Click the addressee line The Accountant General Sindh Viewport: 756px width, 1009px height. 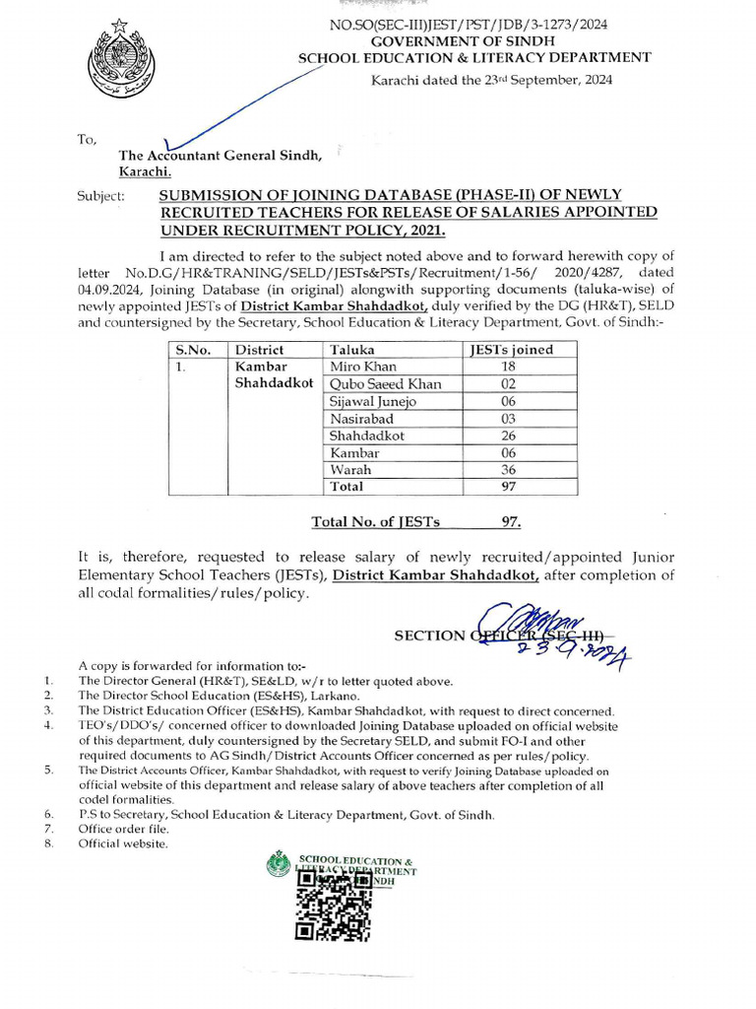point(220,155)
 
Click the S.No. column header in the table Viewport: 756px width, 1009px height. point(193,349)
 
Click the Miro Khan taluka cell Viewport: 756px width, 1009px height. point(363,366)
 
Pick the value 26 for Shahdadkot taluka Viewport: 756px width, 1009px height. point(508,435)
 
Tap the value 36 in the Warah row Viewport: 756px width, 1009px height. point(508,470)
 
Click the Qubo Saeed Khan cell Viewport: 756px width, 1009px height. point(385,383)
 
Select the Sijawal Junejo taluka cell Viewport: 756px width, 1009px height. point(373,400)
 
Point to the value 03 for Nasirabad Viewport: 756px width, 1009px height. point(508,418)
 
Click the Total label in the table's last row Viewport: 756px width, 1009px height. point(346,487)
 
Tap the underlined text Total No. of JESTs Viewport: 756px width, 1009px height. point(375,522)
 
